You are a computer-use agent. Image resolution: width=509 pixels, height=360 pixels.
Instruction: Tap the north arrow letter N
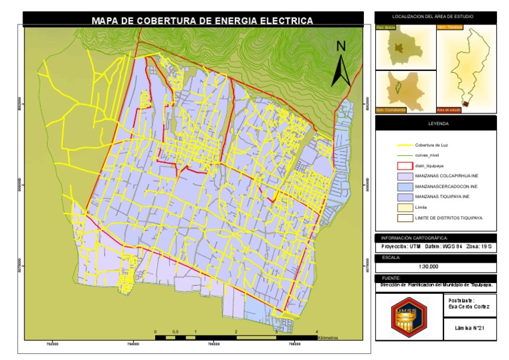(341, 46)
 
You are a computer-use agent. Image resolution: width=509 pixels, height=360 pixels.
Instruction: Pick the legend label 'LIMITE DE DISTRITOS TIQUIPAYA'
(448, 217)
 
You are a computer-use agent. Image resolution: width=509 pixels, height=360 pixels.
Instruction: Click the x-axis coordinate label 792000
(52, 343)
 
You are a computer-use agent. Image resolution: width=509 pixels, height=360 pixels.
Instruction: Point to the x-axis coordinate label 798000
(294, 343)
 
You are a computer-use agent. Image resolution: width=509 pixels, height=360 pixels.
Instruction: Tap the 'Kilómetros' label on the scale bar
(327, 337)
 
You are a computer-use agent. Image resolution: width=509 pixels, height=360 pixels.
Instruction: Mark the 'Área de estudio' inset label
(449, 109)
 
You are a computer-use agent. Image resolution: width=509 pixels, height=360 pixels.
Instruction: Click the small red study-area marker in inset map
(465, 103)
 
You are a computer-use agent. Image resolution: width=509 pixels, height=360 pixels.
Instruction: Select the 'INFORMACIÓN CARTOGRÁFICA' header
(414, 237)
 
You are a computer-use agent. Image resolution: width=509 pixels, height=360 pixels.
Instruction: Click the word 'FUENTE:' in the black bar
(390, 278)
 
